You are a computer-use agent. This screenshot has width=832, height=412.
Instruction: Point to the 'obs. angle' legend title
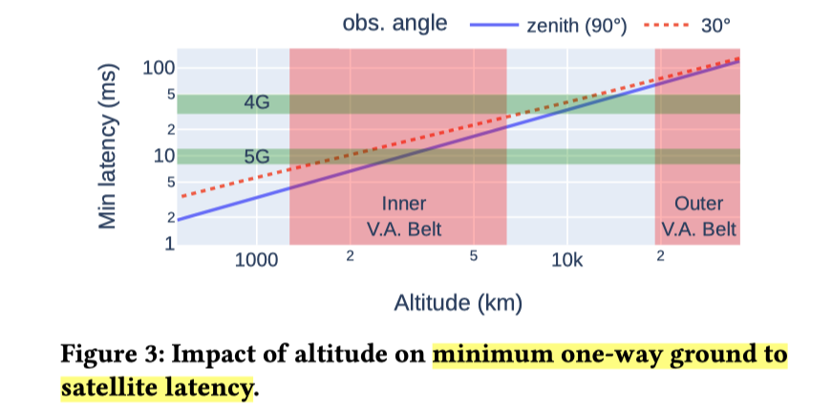[395, 24]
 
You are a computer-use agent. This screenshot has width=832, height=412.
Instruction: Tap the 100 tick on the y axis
[157, 68]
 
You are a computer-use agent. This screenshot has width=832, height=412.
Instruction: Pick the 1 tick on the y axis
[168, 244]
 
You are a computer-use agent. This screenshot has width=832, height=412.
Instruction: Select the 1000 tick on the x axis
[256, 260]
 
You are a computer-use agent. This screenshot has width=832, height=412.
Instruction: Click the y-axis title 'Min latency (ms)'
[112, 145]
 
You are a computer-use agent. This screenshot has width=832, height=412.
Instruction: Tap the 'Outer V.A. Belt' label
[698, 217]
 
